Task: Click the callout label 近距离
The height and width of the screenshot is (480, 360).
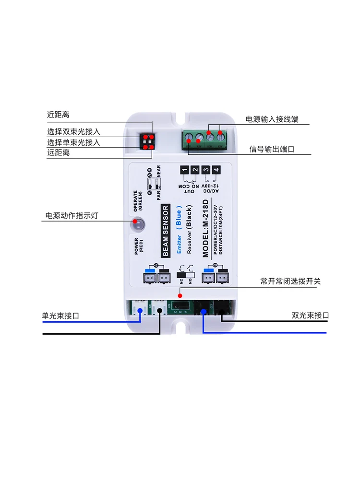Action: click(58, 115)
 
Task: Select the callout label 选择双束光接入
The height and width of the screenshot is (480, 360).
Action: click(73, 131)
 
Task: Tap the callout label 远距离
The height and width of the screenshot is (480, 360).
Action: click(58, 152)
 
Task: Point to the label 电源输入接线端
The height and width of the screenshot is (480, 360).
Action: click(272, 119)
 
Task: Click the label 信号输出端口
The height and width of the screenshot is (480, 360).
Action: click(272, 149)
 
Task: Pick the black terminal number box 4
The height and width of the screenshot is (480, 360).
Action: click(216, 170)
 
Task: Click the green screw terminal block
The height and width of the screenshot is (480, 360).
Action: click(204, 138)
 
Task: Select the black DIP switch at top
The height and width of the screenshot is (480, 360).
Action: click(148, 141)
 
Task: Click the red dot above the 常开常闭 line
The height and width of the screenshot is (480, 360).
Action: click(180, 289)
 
